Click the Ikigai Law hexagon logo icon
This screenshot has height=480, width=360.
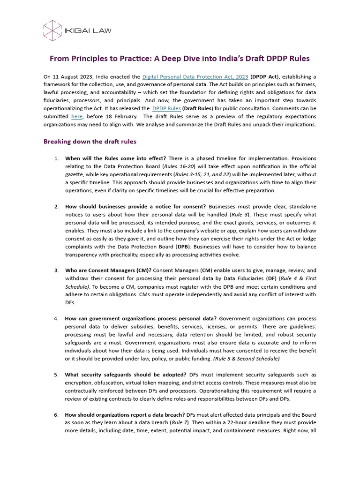[52, 30]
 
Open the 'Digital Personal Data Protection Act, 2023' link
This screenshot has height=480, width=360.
[195, 76]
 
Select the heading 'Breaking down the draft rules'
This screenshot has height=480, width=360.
[90, 141]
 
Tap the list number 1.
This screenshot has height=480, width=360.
[56, 158]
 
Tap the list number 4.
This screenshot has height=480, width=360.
[56, 319]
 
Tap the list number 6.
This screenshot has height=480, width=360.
[56, 415]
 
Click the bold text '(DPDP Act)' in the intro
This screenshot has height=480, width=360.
[266, 76]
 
